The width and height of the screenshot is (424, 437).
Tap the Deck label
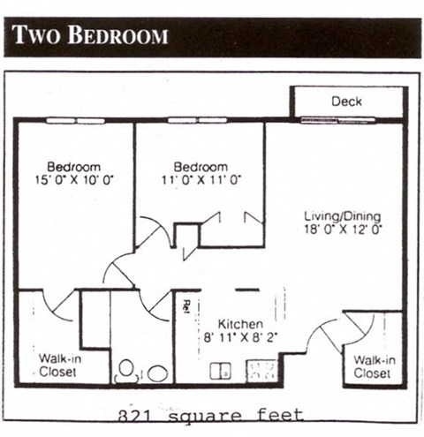pyautogui.click(x=346, y=102)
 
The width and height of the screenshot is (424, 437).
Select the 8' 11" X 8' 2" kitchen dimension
pyautogui.click(x=227, y=336)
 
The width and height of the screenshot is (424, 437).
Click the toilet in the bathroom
pyautogui.click(x=126, y=369)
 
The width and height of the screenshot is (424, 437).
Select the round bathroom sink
pyautogui.click(x=157, y=373)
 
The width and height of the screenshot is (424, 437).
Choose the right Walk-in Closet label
pyautogui.click(x=374, y=366)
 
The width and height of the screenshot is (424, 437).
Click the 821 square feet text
pyautogui.click(x=211, y=414)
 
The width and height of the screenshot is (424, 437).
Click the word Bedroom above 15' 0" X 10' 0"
pyautogui.click(x=74, y=167)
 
